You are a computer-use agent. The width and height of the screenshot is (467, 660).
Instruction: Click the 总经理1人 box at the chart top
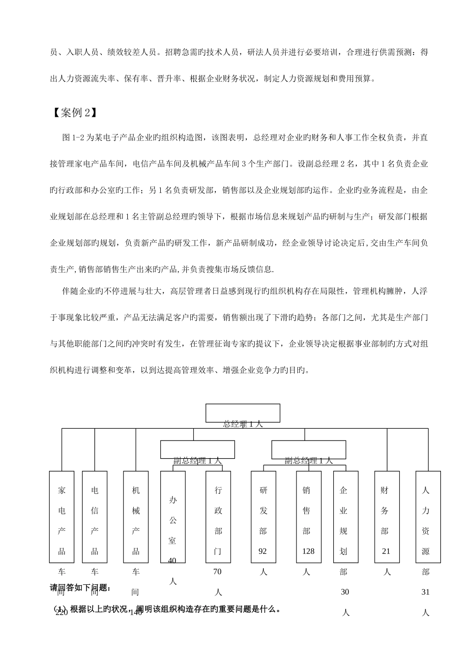[x=243, y=413]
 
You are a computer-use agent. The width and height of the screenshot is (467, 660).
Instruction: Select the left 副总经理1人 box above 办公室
[x=197, y=449]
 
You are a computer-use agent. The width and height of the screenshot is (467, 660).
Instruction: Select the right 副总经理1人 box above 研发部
[x=309, y=449]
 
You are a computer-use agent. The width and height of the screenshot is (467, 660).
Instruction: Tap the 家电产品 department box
[x=61, y=517]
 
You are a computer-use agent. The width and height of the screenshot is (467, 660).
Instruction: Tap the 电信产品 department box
[x=94, y=517]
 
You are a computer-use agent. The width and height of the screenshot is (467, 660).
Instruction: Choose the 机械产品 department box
[x=136, y=517]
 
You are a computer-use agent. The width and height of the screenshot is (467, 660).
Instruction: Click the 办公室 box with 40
[x=173, y=517]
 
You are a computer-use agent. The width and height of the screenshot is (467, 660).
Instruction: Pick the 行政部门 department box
[x=218, y=517]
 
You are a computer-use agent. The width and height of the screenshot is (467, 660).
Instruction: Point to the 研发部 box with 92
[x=263, y=517]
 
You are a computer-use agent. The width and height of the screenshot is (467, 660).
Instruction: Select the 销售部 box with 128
[x=308, y=517]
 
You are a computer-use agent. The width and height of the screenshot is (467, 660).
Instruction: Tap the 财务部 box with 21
[x=386, y=517]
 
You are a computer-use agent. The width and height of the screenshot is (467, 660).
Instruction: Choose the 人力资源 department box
[x=428, y=517]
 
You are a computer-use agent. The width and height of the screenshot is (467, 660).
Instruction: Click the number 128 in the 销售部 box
[x=308, y=551]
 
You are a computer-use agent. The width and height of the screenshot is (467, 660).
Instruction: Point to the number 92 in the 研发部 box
[x=263, y=551]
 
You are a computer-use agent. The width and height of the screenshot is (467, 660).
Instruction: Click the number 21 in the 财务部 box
[x=386, y=551]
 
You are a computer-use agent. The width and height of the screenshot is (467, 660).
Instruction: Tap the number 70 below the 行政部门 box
[x=217, y=572]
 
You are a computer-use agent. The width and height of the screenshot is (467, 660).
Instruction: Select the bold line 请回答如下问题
[x=81, y=588]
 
